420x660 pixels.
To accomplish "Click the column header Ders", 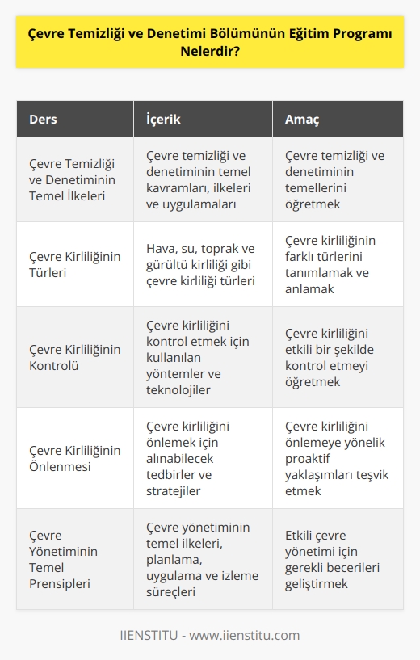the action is coord(44,120).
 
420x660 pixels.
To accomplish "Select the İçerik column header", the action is coord(163,120).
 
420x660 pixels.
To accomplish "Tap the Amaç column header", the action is coord(303,120).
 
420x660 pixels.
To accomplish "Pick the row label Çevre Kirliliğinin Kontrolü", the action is coord(74,357).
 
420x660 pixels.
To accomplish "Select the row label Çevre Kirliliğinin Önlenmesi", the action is coord(74,458).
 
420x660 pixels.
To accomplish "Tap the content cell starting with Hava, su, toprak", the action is coord(202,263).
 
